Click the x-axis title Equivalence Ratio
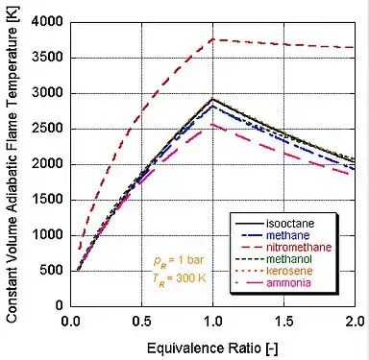click(212, 343)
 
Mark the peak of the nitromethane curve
click(212, 39)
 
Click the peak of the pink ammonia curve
click(212, 124)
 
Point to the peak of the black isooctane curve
click(212, 98)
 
